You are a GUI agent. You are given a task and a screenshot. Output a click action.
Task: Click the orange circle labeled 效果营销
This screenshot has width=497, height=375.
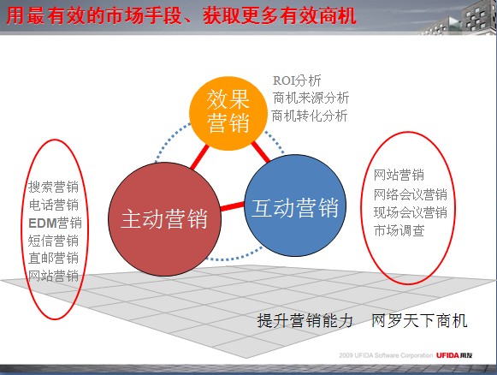click(x=228, y=113)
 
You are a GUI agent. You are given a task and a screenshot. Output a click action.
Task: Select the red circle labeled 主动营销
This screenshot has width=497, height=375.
click(x=164, y=219)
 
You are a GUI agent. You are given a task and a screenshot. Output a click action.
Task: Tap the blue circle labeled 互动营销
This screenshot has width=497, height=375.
click(x=295, y=205)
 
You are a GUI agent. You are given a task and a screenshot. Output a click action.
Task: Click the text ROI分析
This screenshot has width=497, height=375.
click(x=297, y=80)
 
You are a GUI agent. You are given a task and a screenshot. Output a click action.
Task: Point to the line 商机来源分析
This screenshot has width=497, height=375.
click(x=311, y=98)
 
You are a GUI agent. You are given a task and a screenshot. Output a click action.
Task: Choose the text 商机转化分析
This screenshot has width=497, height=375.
click(x=310, y=116)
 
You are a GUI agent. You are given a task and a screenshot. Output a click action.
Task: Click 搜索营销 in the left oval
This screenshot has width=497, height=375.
click(x=53, y=187)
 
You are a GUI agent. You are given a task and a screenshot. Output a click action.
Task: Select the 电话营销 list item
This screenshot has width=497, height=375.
click(x=54, y=205)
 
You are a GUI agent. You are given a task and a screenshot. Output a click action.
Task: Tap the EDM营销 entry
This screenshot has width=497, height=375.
click(x=55, y=223)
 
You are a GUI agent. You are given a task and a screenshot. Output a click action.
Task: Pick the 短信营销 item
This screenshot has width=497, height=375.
click(x=53, y=241)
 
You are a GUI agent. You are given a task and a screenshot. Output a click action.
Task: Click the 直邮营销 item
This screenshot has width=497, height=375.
click(x=53, y=258)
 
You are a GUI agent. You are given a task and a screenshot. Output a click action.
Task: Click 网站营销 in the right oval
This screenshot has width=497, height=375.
click(x=399, y=175)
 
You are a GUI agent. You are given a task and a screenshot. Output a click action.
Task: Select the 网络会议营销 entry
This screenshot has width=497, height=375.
click(x=411, y=194)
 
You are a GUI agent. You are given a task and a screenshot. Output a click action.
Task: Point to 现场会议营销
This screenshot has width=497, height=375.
click(x=411, y=212)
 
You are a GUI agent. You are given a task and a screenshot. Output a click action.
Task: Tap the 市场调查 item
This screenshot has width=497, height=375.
click(x=399, y=230)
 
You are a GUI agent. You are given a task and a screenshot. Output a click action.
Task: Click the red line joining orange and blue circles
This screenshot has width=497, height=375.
click(x=261, y=152)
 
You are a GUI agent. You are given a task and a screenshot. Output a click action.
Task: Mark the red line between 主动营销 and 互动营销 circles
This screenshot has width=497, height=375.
click(x=233, y=206)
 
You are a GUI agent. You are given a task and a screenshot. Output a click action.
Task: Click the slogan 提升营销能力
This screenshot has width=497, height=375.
click(x=305, y=320)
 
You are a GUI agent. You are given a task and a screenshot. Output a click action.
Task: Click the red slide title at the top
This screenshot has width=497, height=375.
click(x=181, y=16)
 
